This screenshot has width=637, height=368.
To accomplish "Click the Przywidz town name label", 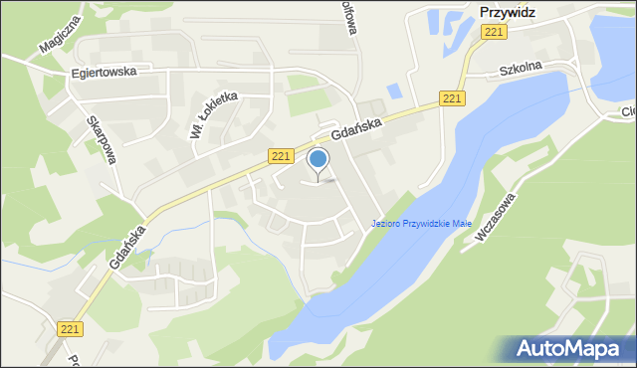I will pos(507,13).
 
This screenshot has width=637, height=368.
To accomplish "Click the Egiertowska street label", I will pos(103,73).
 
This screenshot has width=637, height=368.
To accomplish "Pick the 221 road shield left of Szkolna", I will pos(453,97).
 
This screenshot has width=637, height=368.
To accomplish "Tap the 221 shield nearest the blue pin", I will pos(281,156).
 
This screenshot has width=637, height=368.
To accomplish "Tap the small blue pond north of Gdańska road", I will pos(394,91).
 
